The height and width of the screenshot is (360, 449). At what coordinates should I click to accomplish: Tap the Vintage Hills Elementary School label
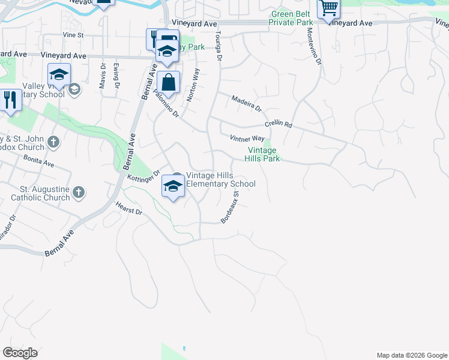coord(220,179)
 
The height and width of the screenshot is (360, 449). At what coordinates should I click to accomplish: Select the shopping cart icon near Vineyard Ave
coord(328,8)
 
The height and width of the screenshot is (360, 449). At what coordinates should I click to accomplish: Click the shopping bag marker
coord(170,82)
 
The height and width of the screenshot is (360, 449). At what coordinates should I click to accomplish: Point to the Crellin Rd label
coord(279,125)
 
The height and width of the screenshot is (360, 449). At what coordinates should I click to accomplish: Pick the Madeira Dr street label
coord(247,102)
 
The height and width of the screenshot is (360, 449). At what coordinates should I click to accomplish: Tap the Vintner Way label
coord(247,139)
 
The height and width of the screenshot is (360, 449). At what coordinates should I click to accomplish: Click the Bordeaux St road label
coord(230,207)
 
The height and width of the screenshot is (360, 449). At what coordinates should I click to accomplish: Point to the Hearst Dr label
coord(129,208)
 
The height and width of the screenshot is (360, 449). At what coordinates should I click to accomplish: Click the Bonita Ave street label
coord(39,160)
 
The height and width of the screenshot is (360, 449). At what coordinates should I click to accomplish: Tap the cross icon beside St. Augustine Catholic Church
coord(79,193)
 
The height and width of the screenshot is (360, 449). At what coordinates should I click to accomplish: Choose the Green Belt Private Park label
coord(292,18)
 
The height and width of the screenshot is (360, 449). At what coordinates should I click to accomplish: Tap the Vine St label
coord(73,35)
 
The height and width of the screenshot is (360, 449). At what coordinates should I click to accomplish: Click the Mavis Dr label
coord(103,74)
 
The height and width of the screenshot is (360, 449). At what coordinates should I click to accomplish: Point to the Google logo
coord(20,353)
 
